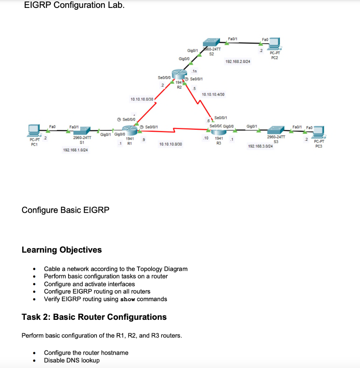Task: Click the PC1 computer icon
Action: point(35,130)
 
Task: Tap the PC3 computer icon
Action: point(317,132)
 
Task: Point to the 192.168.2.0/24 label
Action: point(238,61)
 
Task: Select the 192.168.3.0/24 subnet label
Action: point(260,147)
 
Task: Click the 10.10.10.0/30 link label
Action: point(142,99)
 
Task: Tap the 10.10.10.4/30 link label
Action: point(213,94)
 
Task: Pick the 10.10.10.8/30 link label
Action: point(170,144)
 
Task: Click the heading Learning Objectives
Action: point(62,250)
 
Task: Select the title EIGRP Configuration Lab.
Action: point(74,5)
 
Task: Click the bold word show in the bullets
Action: point(128,299)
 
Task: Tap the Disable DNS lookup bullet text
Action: point(72,360)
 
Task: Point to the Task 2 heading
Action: point(94,317)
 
